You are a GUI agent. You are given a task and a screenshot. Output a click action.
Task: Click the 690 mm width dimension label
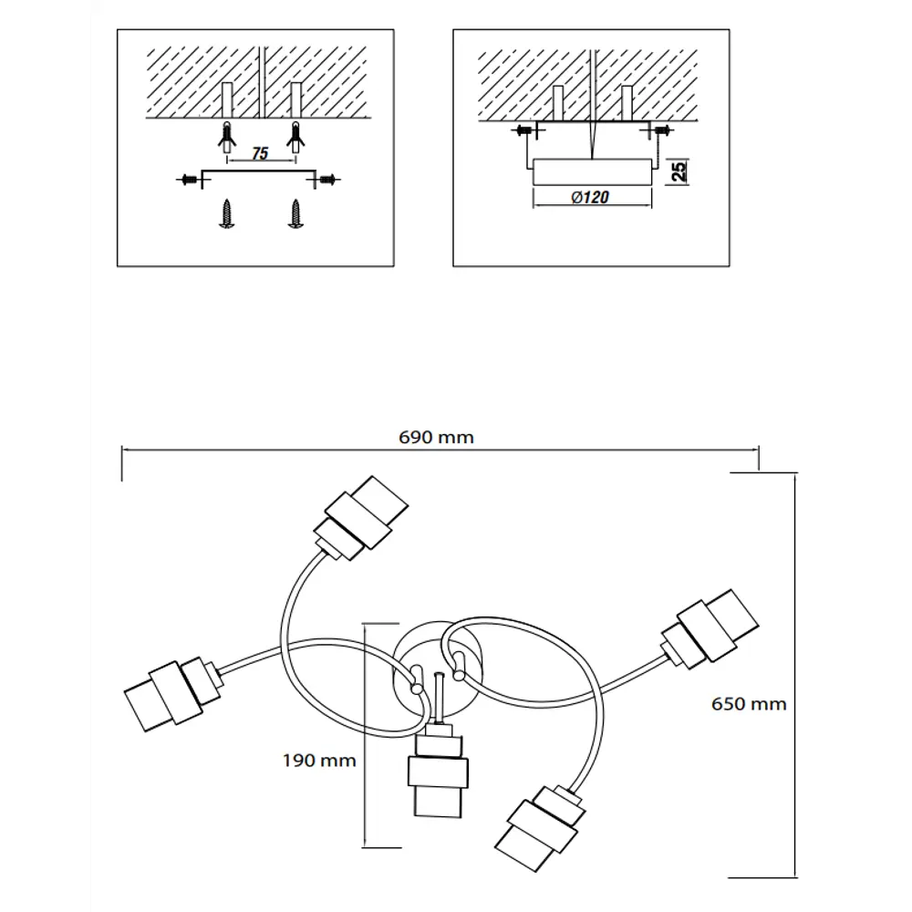436,437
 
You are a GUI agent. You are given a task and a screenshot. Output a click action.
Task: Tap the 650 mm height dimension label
749,704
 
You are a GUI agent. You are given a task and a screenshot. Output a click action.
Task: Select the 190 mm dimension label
319,761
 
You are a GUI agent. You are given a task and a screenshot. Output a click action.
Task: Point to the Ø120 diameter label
590,197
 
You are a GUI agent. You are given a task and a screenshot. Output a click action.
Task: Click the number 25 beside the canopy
679,171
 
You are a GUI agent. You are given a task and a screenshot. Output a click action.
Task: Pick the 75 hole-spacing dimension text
260,153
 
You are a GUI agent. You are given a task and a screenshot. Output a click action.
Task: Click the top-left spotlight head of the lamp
360,518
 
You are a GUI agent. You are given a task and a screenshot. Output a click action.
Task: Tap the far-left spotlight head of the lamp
172,694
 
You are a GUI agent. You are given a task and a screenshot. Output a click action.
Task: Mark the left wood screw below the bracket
226,213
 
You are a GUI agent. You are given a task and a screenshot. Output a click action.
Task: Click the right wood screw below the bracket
296,213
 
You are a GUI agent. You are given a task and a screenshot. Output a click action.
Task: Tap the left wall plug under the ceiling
226,138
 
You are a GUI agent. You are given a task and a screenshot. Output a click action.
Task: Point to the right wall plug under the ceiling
296,138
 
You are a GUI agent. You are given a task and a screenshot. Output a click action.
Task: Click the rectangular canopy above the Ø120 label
592,171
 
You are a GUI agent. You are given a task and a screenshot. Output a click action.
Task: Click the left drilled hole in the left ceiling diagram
227,100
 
